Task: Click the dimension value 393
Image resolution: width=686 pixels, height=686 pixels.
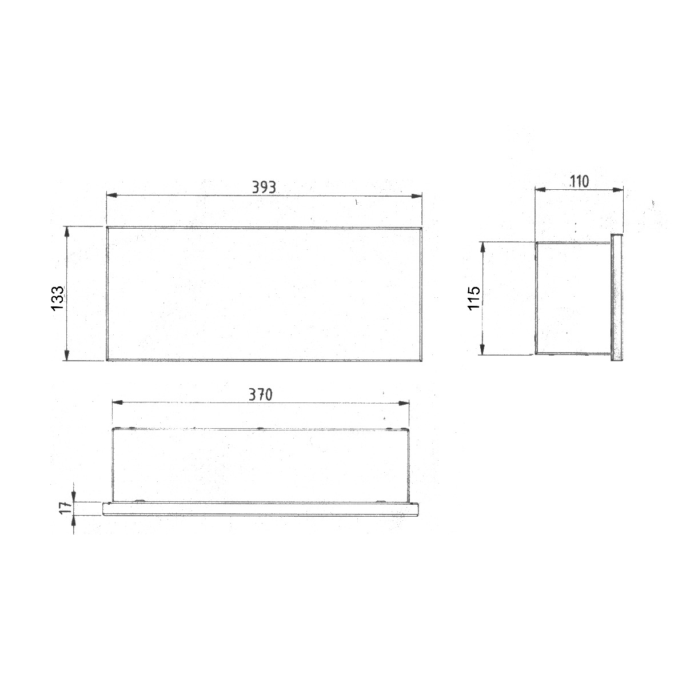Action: point(264,187)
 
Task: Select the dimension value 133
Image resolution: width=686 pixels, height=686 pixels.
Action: point(58,299)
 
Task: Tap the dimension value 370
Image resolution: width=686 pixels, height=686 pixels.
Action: point(261,394)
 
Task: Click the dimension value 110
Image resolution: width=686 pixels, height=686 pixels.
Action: point(579,181)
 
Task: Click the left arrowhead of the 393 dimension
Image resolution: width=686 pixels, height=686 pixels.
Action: point(111,196)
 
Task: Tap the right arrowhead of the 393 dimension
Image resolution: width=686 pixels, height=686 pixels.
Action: point(417,196)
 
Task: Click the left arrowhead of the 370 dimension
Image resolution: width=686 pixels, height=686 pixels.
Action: point(117,403)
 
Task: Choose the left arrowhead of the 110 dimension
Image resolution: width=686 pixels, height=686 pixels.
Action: point(540,189)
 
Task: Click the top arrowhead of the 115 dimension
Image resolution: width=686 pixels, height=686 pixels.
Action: point(483,246)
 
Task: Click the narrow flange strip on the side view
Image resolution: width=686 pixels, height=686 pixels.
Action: point(617,297)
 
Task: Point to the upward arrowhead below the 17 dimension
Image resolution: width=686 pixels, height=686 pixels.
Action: point(74,521)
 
